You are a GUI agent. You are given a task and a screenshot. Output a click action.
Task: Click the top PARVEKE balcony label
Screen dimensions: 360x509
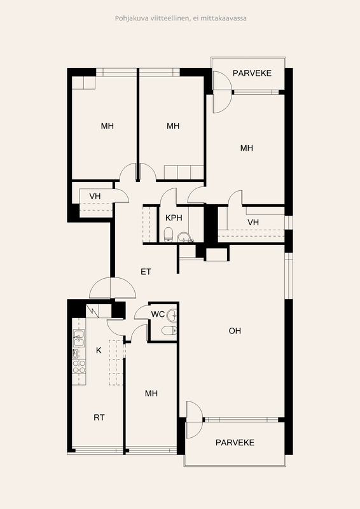click(x=252, y=73)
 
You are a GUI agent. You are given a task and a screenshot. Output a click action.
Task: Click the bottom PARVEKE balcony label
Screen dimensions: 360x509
click(x=235, y=442)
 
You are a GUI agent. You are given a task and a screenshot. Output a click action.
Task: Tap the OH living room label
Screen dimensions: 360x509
click(x=235, y=331)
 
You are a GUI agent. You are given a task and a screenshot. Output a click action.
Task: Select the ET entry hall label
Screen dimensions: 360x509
click(x=146, y=272)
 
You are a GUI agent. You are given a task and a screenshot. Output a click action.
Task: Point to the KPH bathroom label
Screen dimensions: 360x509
click(x=174, y=218)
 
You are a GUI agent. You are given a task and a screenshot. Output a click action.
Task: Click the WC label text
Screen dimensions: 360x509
click(x=158, y=314)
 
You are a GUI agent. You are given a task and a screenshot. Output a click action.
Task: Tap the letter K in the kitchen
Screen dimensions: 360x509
click(x=99, y=351)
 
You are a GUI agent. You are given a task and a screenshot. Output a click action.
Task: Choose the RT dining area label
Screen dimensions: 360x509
click(x=99, y=417)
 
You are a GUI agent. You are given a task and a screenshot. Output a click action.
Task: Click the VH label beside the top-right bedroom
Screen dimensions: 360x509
click(x=253, y=222)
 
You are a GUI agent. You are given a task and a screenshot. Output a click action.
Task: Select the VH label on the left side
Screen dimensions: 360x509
click(x=95, y=197)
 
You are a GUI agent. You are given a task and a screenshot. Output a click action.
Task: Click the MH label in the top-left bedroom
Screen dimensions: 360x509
click(x=107, y=126)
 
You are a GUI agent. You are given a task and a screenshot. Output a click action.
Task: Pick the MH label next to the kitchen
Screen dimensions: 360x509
click(x=151, y=393)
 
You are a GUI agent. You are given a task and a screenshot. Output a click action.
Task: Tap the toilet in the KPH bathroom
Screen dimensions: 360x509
click(x=168, y=234)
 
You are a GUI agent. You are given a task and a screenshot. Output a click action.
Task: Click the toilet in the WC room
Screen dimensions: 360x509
click(x=169, y=330)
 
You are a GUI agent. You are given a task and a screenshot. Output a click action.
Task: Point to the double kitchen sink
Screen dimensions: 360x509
click(x=79, y=338)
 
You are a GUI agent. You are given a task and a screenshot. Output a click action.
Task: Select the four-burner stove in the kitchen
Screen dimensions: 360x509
click(x=80, y=366)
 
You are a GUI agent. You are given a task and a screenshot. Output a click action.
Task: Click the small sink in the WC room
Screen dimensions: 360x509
click(x=173, y=314)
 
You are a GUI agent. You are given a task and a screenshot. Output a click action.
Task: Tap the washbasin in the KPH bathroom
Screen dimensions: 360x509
click(x=183, y=237)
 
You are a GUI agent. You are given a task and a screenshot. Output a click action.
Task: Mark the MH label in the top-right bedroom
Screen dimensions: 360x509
click(x=246, y=148)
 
